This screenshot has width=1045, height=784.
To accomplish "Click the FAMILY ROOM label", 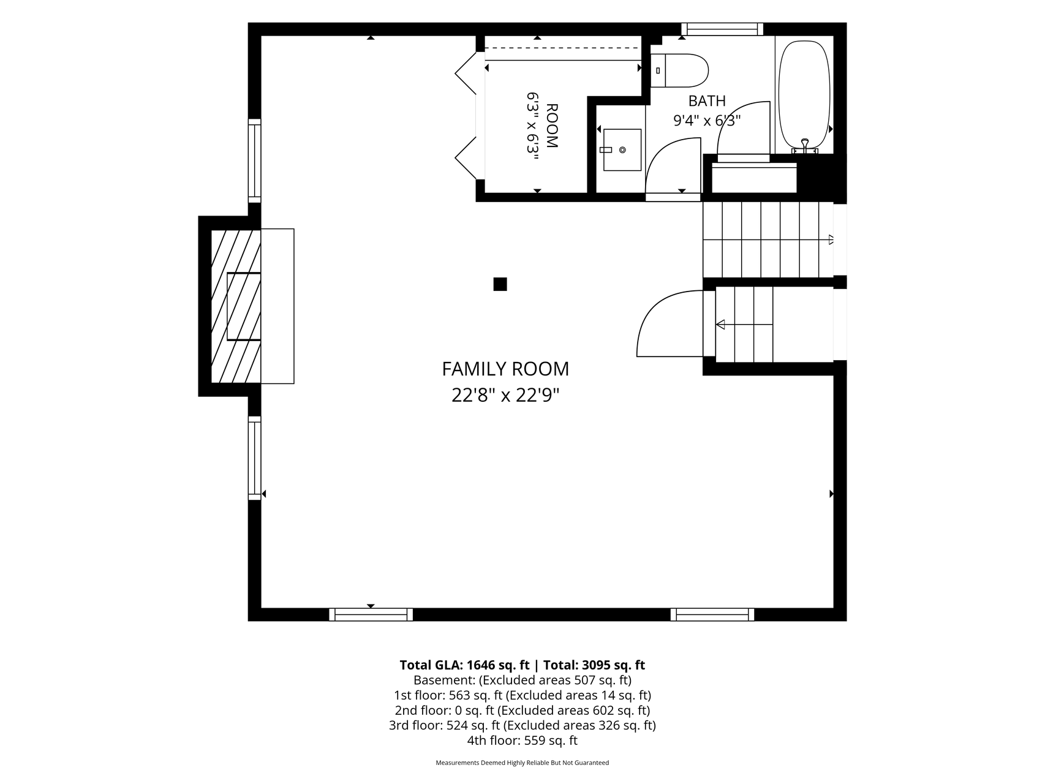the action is click(505, 369).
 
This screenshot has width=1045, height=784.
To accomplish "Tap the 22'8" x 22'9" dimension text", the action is click(505, 396).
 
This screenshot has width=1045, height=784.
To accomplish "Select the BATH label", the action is click(707, 101).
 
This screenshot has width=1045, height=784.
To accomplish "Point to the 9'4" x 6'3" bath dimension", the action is click(707, 121).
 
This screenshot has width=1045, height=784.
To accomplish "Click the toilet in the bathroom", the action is click(679, 70).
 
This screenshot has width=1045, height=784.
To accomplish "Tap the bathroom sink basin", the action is click(622, 149).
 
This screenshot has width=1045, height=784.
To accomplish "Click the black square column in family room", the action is click(500, 284).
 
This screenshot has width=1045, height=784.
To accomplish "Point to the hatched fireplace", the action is click(236, 306).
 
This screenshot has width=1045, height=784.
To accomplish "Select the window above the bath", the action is click(722, 29).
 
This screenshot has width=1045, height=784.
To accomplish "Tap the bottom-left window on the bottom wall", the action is click(371, 614).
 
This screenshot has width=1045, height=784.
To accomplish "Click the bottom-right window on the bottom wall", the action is click(712, 614).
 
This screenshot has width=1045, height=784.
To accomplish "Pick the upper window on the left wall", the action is click(254, 160).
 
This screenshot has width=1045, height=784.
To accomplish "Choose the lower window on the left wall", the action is click(254, 458).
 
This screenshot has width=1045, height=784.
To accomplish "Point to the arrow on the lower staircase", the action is click(744, 324).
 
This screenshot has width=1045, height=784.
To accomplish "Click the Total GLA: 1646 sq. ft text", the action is click(464, 665).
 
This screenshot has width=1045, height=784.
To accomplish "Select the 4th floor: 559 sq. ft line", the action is click(522, 741).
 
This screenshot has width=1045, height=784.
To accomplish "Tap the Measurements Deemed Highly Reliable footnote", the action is click(522, 763).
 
